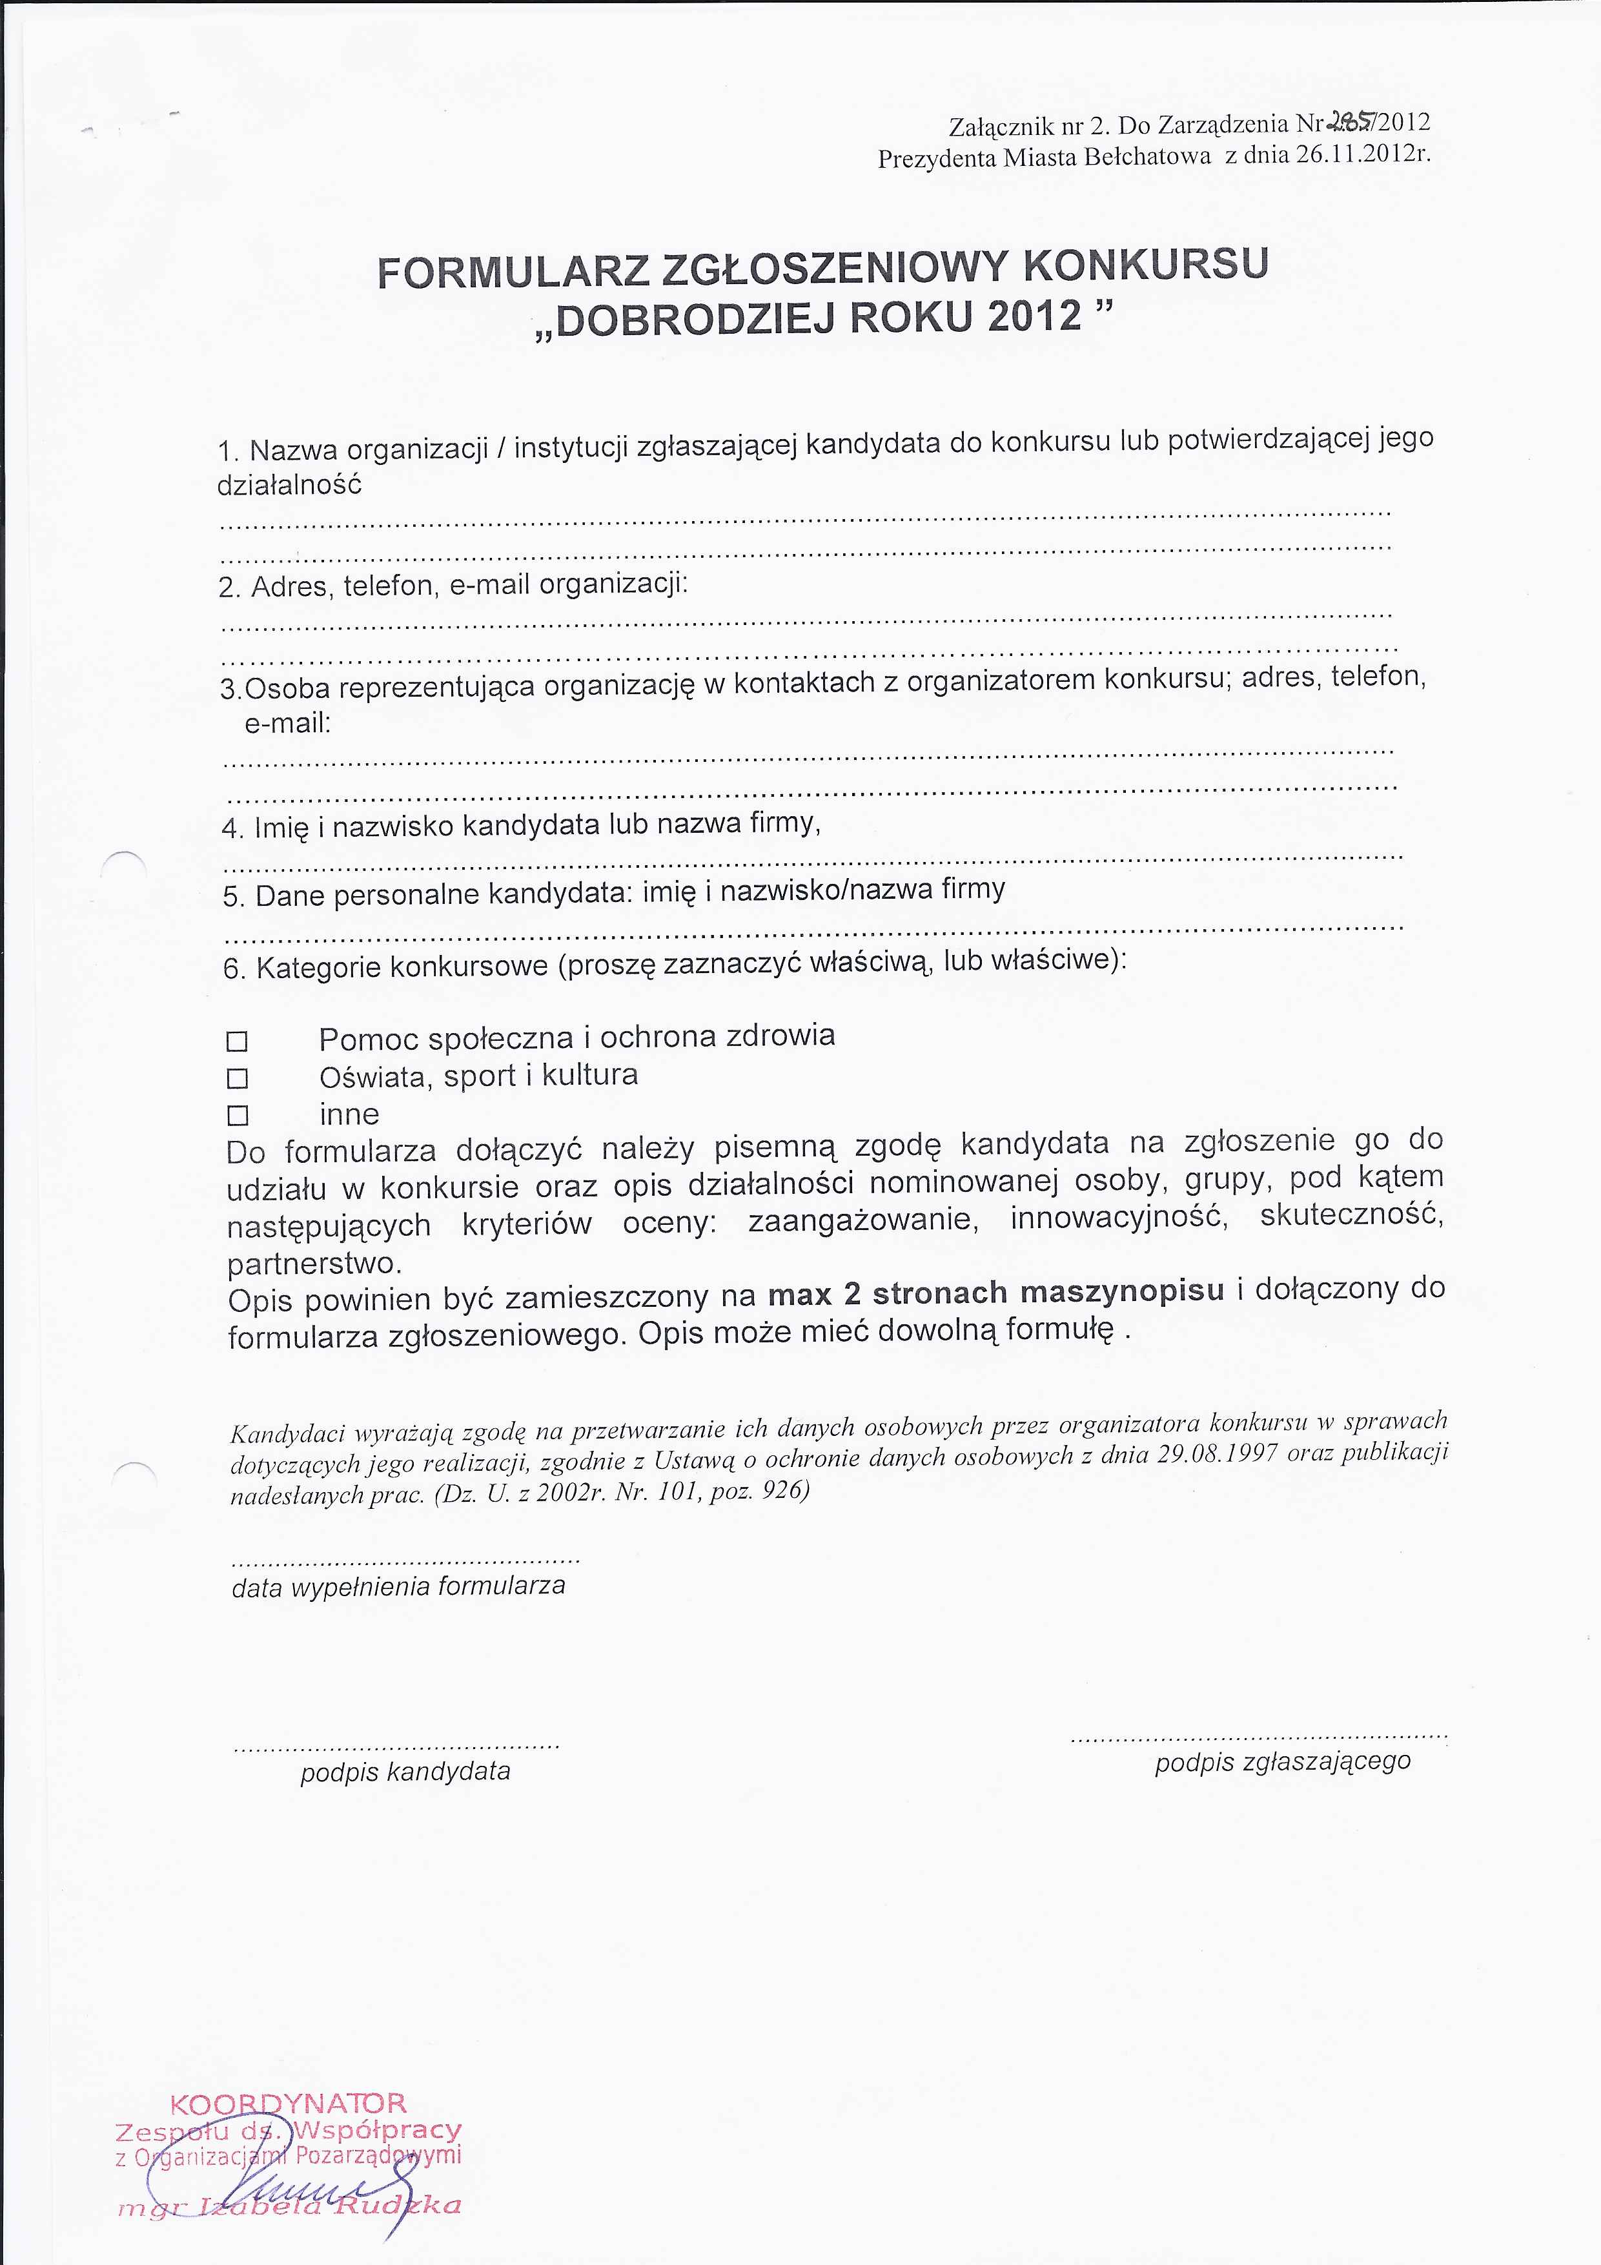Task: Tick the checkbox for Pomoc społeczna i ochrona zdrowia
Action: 237,1041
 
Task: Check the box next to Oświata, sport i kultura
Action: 237,1078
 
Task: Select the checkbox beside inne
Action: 237,1116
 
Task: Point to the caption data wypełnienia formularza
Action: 398,1586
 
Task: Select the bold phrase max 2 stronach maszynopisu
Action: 996,1293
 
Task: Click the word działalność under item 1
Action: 289,486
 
